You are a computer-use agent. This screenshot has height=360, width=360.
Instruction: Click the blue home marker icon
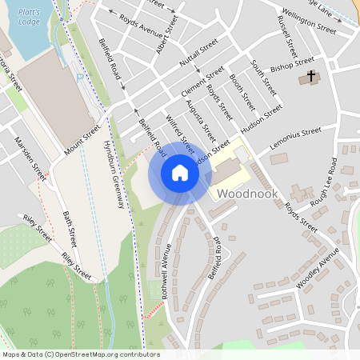180,173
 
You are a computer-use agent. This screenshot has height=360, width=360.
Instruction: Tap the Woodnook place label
246,194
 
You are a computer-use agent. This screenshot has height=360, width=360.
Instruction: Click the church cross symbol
312,77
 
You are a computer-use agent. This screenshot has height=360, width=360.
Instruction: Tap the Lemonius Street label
296,130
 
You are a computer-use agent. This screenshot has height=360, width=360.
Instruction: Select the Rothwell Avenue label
166,278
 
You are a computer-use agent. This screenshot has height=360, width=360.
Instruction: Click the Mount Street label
82,138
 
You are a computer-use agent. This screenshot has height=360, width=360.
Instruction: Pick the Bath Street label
70,228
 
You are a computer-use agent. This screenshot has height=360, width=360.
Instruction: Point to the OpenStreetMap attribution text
81,354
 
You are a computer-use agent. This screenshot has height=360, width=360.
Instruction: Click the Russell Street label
285,29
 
